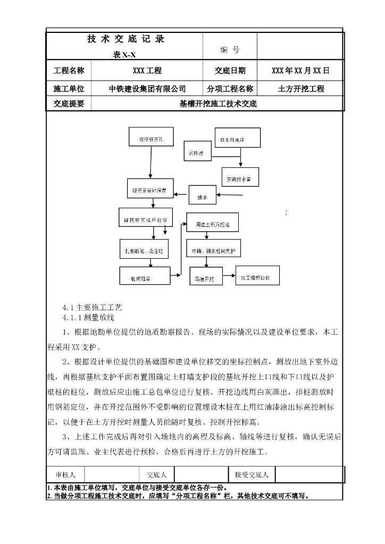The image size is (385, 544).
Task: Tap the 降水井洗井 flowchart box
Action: click(237, 139)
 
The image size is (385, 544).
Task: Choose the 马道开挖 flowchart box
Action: click(205, 277)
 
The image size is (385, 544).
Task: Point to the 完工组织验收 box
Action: click(257, 276)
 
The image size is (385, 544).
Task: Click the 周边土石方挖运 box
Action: click(212, 224)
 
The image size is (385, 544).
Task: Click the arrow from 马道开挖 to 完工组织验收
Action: click(229, 275)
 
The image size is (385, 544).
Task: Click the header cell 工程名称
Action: click(69, 70)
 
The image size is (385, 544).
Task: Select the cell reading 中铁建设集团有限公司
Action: click(147, 89)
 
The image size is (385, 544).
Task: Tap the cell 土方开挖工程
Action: click(300, 89)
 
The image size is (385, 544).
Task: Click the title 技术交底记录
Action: click(125, 39)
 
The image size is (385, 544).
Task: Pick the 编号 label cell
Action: click(230, 50)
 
